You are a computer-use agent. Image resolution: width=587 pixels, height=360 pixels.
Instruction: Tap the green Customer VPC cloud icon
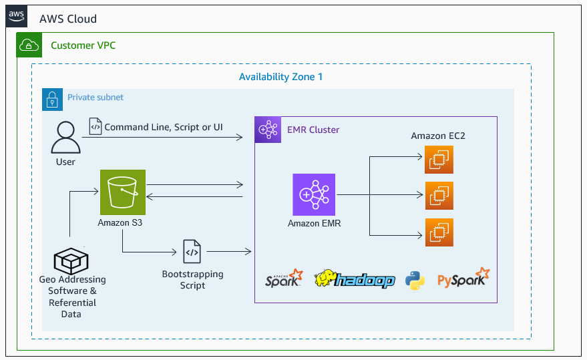(29, 45)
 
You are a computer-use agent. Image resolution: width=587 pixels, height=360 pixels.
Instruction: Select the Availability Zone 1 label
(280, 77)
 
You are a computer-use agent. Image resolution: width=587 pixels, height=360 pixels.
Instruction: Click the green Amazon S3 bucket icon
(122, 192)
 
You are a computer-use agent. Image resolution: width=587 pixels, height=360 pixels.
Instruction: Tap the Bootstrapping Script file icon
(192, 252)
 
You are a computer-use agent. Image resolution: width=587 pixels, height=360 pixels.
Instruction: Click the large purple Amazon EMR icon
(314, 195)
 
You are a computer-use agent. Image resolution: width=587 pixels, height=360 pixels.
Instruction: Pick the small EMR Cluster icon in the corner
(268, 130)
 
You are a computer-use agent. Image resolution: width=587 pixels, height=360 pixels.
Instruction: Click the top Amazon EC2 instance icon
(439, 159)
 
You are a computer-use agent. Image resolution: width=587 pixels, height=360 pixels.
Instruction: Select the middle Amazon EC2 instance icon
(439, 196)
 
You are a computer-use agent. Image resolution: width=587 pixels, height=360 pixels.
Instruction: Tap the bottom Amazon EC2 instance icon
(439, 232)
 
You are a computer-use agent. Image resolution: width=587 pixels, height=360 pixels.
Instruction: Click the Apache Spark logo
(284, 278)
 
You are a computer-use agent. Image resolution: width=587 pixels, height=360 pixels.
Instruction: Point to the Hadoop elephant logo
(354, 279)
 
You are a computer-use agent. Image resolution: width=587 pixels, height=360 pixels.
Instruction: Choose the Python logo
(415, 279)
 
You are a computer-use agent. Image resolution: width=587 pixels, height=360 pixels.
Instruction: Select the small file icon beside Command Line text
(95, 126)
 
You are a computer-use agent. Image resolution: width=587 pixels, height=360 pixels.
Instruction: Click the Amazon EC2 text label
(437, 136)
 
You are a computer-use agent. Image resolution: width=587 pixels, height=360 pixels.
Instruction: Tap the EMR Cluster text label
(313, 130)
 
